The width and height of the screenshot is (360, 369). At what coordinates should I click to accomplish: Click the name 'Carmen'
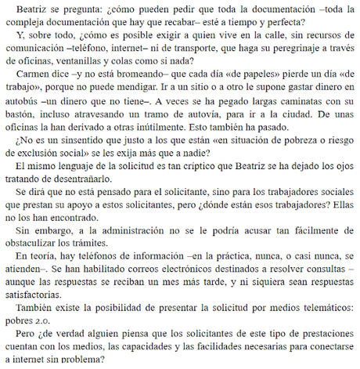(34, 81)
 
